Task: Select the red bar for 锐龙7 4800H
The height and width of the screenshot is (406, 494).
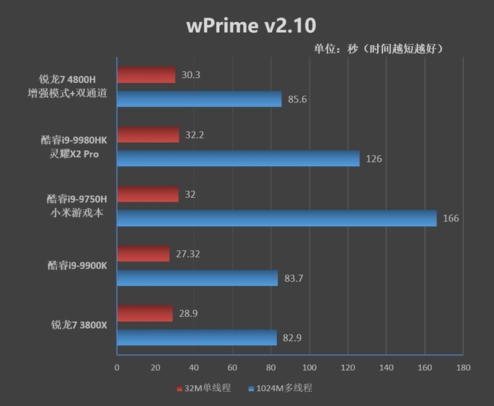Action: [146, 75]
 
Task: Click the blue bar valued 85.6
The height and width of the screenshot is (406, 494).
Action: [199, 99]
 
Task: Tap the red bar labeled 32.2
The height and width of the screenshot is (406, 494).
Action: [148, 135]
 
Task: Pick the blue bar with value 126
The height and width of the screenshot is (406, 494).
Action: [238, 159]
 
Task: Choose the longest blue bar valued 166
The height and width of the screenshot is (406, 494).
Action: [276, 218]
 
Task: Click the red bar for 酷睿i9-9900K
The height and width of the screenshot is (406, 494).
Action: [143, 253]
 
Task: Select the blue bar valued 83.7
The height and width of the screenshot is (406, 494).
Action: [197, 278]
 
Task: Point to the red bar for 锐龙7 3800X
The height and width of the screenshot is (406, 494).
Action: [144, 313]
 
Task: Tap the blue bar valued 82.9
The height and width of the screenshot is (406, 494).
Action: [196, 337]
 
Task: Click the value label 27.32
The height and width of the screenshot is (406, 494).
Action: [188, 254]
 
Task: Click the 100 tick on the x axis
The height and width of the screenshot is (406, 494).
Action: [309, 367]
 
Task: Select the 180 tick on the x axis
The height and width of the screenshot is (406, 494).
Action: [463, 367]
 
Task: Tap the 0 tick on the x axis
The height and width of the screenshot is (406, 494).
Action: [117, 367]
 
